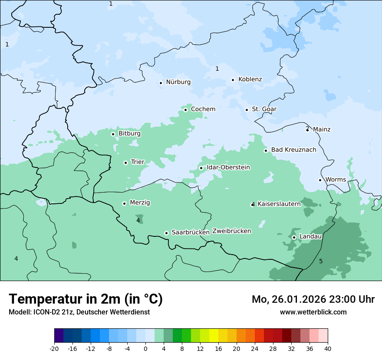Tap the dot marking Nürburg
(x=161, y=83)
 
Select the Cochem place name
(x=203, y=109)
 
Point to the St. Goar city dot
(x=247, y=110)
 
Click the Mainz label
(x=322, y=129)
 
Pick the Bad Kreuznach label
(x=293, y=150)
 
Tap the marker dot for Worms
(x=320, y=180)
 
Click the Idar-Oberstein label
(x=228, y=167)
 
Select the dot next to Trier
(x=125, y=163)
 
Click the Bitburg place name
(x=129, y=134)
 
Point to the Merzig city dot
(x=124, y=203)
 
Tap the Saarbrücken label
(x=191, y=232)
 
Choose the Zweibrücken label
(x=231, y=231)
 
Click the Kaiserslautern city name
(x=279, y=204)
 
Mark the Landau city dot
(x=294, y=237)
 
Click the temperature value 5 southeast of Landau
(x=321, y=261)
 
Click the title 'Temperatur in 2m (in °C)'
(x=86, y=299)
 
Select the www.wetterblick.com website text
(x=313, y=312)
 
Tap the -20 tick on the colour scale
(x=54, y=348)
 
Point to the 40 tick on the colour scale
(x=328, y=348)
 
